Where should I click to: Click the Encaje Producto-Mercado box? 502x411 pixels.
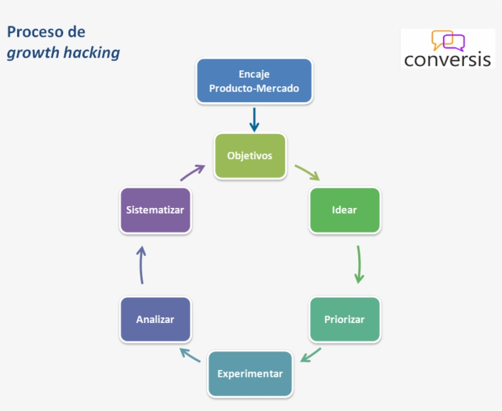point(253,81)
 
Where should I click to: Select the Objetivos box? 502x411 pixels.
point(250,155)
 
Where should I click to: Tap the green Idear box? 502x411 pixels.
point(345,210)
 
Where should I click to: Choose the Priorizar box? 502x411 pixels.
point(345,319)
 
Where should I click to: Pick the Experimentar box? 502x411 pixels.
point(250,374)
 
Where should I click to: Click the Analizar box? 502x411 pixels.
point(155,319)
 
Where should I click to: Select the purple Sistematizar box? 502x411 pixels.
point(155,210)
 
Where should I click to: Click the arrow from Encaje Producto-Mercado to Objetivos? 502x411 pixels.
point(254,119)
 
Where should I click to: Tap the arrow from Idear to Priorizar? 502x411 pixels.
point(359,264)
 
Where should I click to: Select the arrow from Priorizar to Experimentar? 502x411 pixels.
point(311,355)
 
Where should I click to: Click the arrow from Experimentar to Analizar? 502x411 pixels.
point(190,355)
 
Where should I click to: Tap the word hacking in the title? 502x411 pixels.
point(91,53)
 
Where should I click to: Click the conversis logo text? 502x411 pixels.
point(448,59)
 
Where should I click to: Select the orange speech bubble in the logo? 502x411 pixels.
point(440,39)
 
